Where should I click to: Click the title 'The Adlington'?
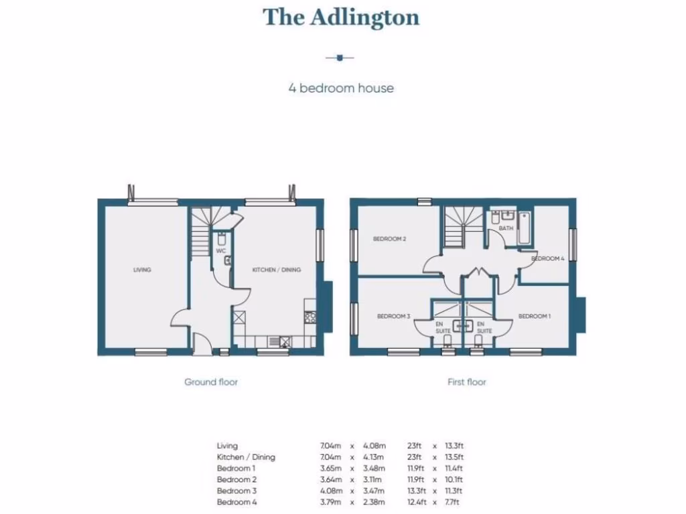[341, 17]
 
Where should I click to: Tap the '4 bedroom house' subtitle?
[341, 88]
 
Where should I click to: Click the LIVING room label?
[142, 270]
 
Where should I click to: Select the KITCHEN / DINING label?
[276, 270]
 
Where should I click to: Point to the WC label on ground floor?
[220, 251]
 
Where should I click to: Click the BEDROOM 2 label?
[390, 239]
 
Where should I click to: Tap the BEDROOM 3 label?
[393, 317]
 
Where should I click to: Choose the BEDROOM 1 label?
[535, 317]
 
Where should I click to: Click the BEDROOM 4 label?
[548, 258]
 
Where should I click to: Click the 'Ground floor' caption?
[211, 382]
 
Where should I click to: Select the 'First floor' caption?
[467, 382]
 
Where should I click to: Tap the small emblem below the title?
[340, 58]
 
